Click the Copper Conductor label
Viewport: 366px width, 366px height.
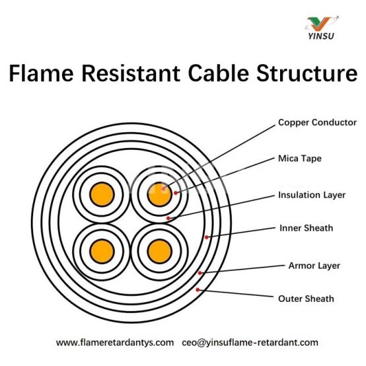pos(317,122)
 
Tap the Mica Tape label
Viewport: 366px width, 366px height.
pos(300,159)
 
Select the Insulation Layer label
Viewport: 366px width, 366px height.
pos(312,195)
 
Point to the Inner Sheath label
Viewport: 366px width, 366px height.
pos(307,228)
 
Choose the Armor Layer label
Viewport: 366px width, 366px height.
pos(314,266)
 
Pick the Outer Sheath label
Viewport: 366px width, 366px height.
pos(306,299)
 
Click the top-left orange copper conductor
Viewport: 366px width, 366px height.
pos(102,194)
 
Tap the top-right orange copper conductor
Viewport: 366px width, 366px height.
pos(160,194)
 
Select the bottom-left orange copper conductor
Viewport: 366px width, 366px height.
pos(102,252)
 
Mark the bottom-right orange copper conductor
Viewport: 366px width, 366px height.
pos(160,252)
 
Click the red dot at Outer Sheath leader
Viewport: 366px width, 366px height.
pos(198,289)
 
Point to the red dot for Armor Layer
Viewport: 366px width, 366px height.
pos(200,273)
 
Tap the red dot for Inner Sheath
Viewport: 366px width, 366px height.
pos(206,237)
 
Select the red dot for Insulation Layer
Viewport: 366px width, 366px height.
pos(168,218)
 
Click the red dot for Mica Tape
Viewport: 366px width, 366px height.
pos(176,193)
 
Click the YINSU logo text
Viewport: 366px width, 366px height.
pos(321,36)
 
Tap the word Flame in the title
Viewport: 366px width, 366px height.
pos(42,73)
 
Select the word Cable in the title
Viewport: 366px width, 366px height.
pos(219,73)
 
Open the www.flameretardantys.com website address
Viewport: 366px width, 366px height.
pos(115,343)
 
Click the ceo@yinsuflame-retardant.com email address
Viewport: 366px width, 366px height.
pos(250,343)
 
